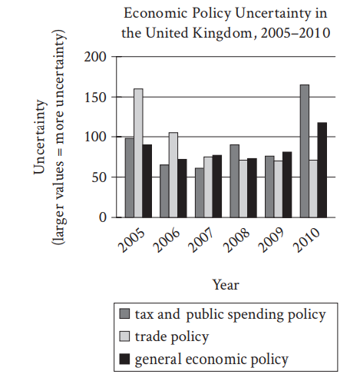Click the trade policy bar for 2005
[138, 153]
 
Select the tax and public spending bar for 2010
[305, 151]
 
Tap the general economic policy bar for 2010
[322, 170]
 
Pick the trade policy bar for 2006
[173, 175]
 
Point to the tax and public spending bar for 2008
[234, 181]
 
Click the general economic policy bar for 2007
[217, 186]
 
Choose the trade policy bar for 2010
[313, 189]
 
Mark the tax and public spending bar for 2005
[130, 178]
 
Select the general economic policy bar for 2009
[287, 184]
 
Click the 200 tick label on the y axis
[95, 57]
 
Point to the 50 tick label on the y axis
[99, 177]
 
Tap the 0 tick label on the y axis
[103, 217]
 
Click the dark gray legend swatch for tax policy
[124, 313]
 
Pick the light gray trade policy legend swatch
[124, 336]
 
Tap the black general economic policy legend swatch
[124, 359]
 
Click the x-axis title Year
[226, 285]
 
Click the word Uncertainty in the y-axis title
[40, 137]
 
